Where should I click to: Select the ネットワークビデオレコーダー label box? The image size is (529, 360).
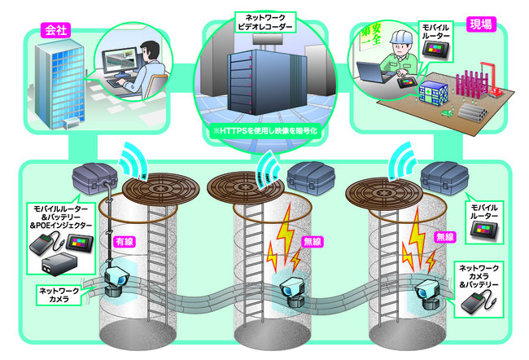click(x=264, y=21)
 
